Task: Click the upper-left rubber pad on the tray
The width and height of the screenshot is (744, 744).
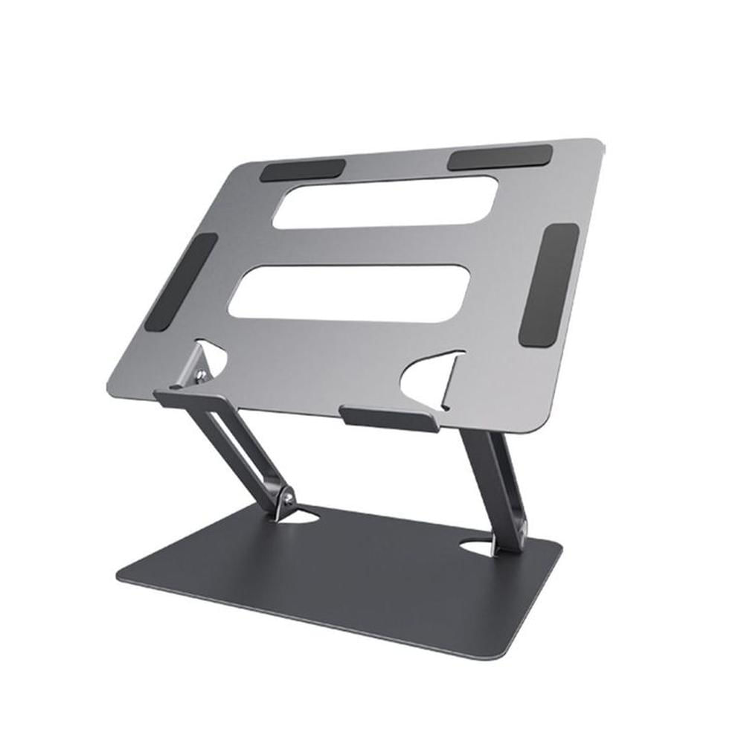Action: [303, 170]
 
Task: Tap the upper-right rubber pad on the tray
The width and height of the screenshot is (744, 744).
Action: [500, 156]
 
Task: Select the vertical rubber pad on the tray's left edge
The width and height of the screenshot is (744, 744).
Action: [181, 283]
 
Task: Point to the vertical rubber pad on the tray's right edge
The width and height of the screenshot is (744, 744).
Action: [549, 285]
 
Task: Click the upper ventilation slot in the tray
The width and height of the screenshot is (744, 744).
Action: [385, 202]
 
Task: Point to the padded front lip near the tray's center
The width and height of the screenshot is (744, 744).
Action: [388, 417]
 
